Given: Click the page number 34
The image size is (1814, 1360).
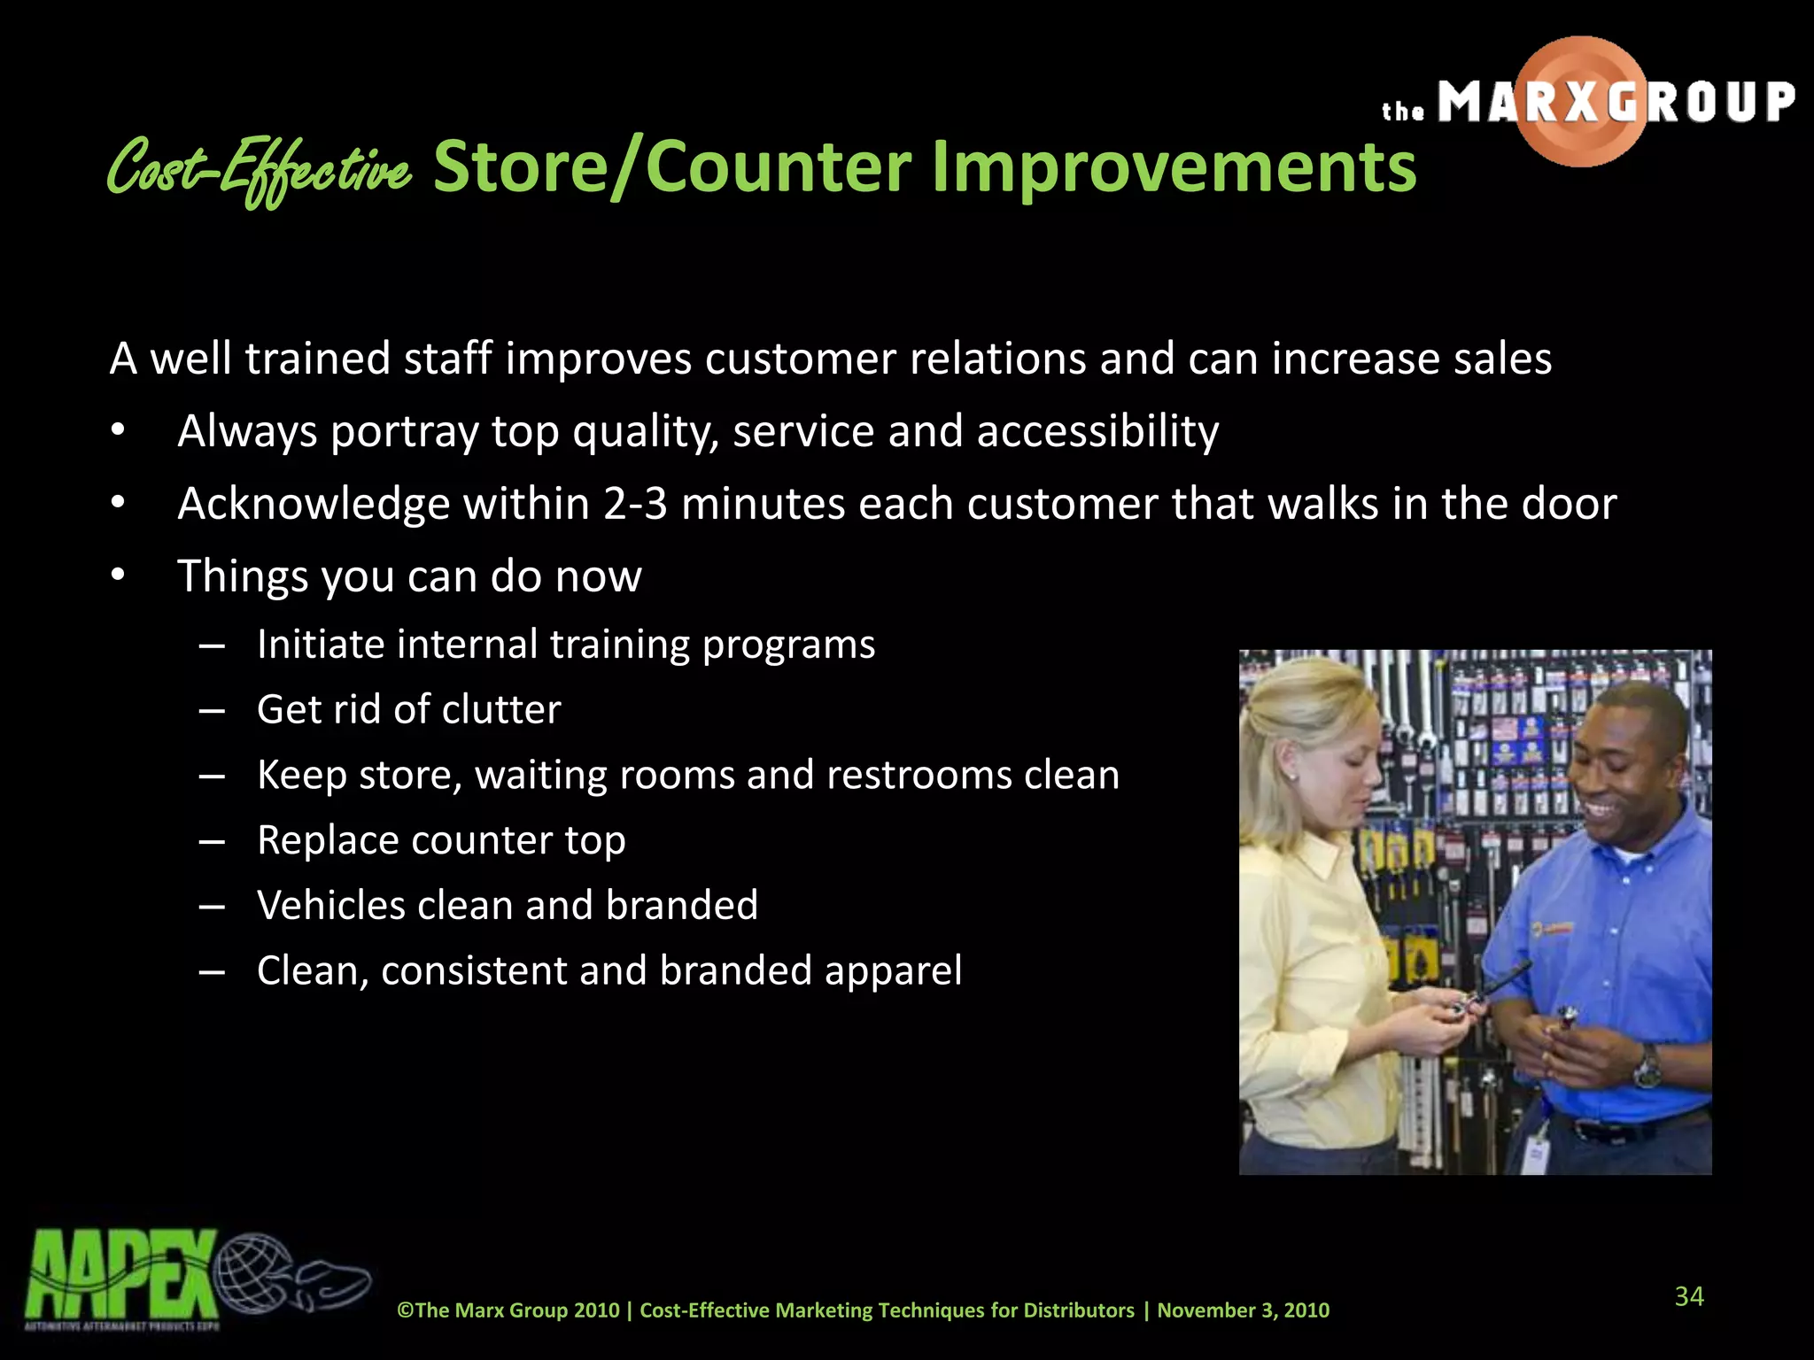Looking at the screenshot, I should [1688, 1296].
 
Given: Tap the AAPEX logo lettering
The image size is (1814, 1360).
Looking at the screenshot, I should [120, 1274].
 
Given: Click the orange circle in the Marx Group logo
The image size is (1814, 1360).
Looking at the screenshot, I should [1581, 102].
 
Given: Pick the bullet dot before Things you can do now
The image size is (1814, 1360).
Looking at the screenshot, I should [119, 576].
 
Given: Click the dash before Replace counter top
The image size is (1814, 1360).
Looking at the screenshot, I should [212, 840].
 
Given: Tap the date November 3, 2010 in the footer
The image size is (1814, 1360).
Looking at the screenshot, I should [1243, 1310].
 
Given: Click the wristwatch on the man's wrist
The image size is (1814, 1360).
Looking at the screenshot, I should [1646, 1064].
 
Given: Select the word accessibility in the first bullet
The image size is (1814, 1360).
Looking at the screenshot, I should [1097, 431].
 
